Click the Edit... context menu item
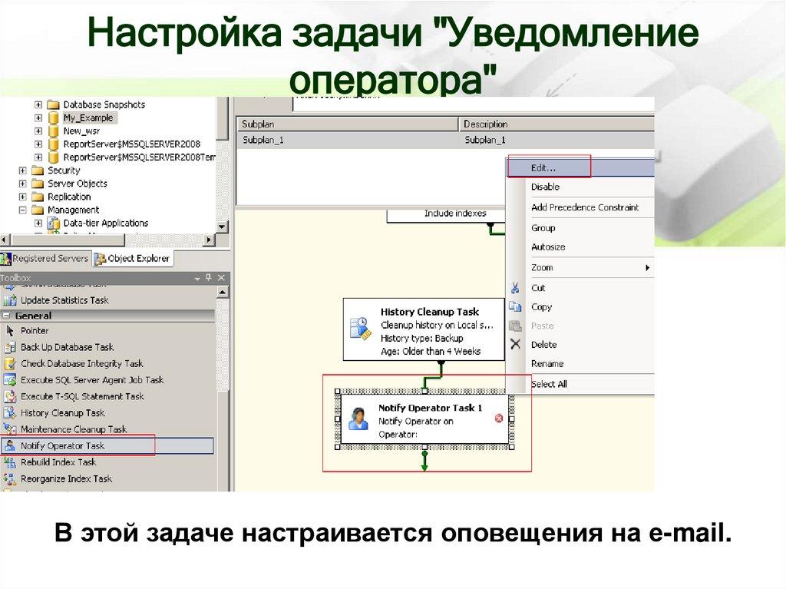pos(543,167)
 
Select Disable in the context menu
pos(545,187)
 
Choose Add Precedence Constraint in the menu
pos(584,207)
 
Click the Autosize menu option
pos(548,247)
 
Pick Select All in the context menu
pos(549,384)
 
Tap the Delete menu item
pos(543,345)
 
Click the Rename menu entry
pos(547,364)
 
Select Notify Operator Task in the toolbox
pos(62,445)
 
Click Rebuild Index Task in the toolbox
pos(58,462)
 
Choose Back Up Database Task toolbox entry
pos(67,347)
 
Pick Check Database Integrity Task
pos(81,364)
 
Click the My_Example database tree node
pos(88,117)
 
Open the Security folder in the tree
pos(64,170)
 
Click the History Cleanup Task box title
pos(429,312)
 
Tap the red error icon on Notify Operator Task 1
pos(499,418)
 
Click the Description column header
pos(486,124)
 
